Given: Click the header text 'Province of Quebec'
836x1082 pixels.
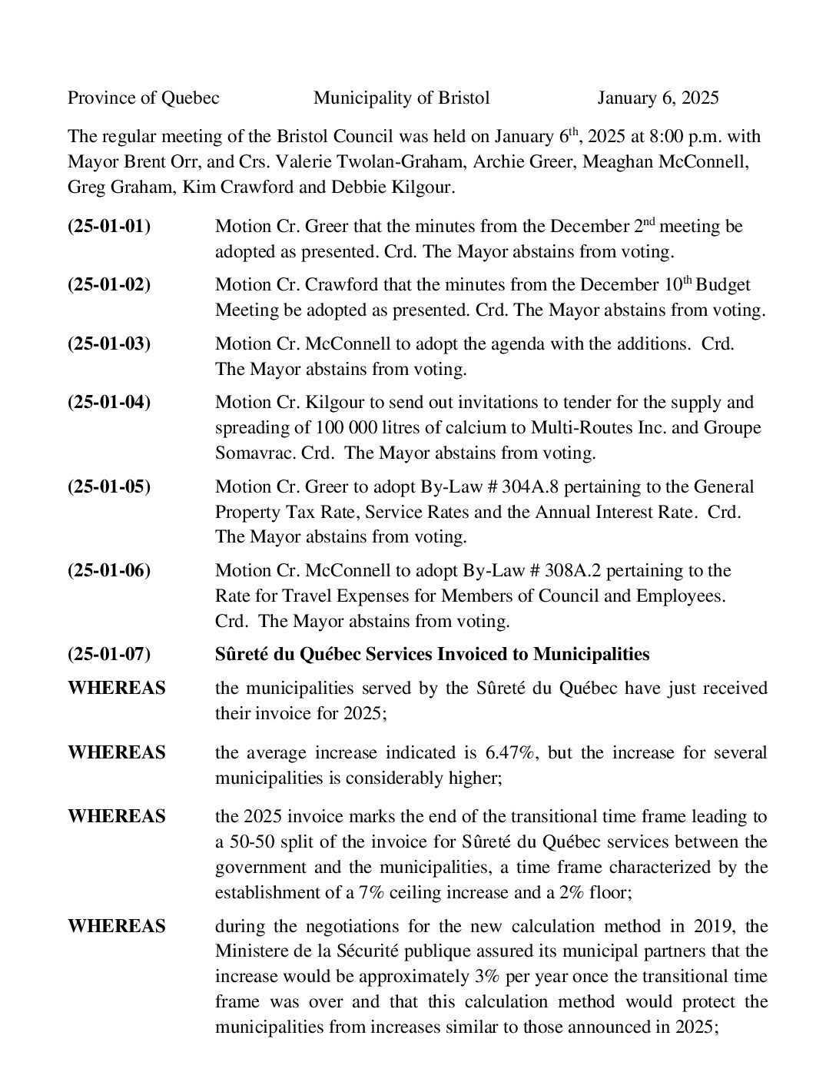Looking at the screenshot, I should [144, 98].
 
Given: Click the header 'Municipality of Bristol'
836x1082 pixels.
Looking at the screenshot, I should [401, 98].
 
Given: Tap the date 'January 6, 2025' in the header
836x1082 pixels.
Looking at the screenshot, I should [658, 98].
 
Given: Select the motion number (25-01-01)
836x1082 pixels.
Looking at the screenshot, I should [109, 227].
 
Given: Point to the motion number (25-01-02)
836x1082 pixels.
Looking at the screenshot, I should [109, 284].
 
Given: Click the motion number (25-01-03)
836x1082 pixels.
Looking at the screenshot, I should [109, 344].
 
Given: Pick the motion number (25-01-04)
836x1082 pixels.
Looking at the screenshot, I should [109, 402].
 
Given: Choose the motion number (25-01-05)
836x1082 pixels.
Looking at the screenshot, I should [109, 486].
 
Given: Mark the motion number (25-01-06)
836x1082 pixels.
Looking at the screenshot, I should [109, 570].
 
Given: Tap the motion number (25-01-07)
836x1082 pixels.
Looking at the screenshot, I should [109, 654].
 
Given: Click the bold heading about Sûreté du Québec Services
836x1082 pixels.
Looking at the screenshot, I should [432, 654].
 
